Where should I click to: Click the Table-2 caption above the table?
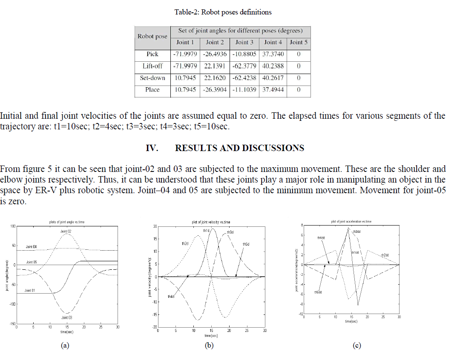[x=223, y=12]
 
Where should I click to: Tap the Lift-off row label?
[x=152, y=66]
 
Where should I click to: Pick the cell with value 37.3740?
[x=273, y=54]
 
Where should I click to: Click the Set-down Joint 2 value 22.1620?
[x=215, y=78]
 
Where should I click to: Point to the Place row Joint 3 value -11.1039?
[x=244, y=90]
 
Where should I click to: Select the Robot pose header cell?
[x=152, y=36]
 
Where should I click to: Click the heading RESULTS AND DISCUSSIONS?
[x=239, y=148]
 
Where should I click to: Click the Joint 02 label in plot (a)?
[x=66, y=231]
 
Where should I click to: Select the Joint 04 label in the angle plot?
[x=31, y=247]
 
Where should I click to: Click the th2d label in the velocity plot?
[x=185, y=243]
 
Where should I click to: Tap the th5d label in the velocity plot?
[x=246, y=244]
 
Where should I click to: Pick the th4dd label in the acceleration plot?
[x=321, y=238]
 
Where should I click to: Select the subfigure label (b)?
[x=209, y=346]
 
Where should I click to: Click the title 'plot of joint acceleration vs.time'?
[x=351, y=221]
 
